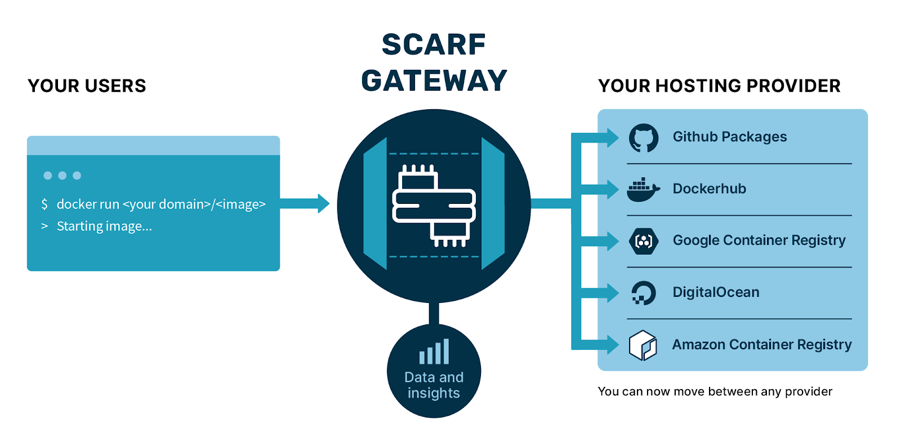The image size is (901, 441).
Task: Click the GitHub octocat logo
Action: pyautogui.click(x=643, y=138)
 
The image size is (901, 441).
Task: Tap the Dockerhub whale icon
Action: pyautogui.click(x=643, y=190)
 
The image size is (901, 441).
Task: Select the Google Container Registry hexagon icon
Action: pyautogui.click(x=643, y=242)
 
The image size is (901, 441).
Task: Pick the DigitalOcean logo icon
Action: pyautogui.click(x=643, y=293)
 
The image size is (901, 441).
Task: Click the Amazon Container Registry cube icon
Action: pyautogui.click(x=643, y=345)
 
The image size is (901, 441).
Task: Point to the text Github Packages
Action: pyautogui.click(x=729, y=137)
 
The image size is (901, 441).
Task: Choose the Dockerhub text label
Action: pyautogui.click(x=709, y=189)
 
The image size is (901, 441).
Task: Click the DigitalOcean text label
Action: pyautogui.click(x=716, y=292)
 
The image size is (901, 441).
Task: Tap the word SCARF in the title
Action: pyautogui.click(x=434, y=44)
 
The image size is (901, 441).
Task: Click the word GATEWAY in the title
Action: pyautogui.click(x=434, y=81)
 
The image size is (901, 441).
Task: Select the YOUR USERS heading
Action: pyautogui.click(x=87, y=86)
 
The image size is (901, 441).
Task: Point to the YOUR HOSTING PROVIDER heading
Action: pyautogui.click(x=719, y=86)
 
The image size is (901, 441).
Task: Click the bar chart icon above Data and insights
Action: pyautogui.click(x=434, y=352)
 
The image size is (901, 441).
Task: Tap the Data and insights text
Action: pyautogui.click(x=434, y=385)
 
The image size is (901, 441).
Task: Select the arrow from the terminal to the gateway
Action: pyautogui.click(x=304, y=203)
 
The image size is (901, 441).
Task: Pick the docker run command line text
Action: pyautogui.click(x=160, y=204)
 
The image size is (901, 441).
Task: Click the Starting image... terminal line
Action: pyautogui.click(x=104, y=226)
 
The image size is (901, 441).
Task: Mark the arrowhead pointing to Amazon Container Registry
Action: pyautogui.click(x=612, y=345)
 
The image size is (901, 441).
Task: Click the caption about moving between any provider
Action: pyautogui.click(x=715, y=391)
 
